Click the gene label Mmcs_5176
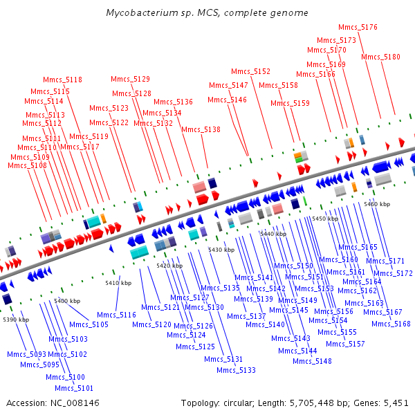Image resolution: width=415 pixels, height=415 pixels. pos(358,27)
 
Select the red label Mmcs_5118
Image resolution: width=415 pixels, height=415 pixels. pos(62,80)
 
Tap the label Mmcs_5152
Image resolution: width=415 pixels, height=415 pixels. pos(250,71)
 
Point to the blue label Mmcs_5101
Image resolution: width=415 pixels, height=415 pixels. pos(74,388)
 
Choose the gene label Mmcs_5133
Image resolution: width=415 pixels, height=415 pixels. pos(236,370)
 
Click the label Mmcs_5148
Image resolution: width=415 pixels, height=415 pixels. pos(312,361)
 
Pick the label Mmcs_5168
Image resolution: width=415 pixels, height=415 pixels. pos(391,324)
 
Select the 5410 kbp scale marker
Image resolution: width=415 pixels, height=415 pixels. pos(118,283)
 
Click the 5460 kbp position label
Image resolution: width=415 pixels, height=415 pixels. pos(377,204)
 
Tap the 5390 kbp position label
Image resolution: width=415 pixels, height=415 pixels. pos(16,320)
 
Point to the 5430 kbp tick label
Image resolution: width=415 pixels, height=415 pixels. pos(221,250)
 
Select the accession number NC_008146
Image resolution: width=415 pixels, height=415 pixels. pos(75,403)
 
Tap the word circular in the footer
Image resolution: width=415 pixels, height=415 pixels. pos(239,403)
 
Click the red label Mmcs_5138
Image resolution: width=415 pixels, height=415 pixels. pos(201,130)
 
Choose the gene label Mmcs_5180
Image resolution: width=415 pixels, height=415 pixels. pos(380,57)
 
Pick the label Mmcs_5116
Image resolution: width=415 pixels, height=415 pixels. pos(116,315)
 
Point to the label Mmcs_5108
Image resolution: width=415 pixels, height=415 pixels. pos(27,166)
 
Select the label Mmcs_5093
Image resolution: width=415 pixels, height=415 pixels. pos(26,354)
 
